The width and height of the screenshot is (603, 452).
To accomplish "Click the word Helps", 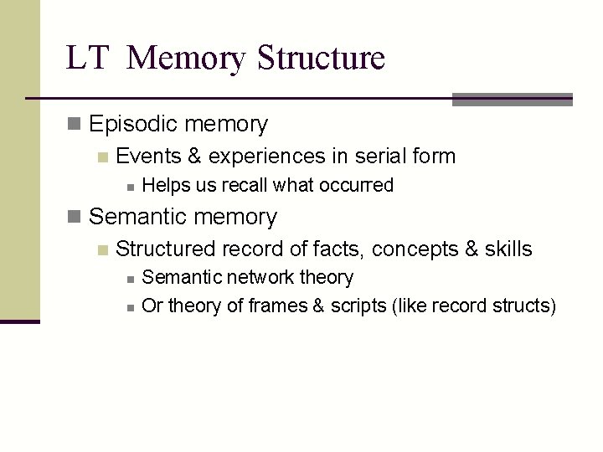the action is coord(166,185).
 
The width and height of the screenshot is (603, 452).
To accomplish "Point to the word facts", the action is coord(340,249).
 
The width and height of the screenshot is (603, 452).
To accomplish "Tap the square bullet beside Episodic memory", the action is coord(75,126).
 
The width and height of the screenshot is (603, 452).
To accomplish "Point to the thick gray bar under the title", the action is coord(512,100).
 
